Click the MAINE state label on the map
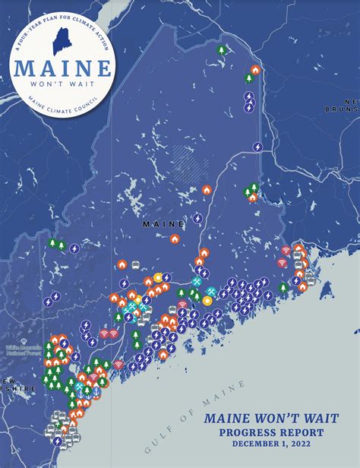[x=163, y=224]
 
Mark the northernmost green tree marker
[x=222, y=50]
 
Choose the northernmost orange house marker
[x=255, y=70]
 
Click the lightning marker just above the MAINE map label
[x=197, y=218]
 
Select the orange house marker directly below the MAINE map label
[x=175, y=239]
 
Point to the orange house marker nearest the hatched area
[x=207, y=189]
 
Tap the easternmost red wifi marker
[x=286, y=250]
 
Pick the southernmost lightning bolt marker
[x=57, y=441]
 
